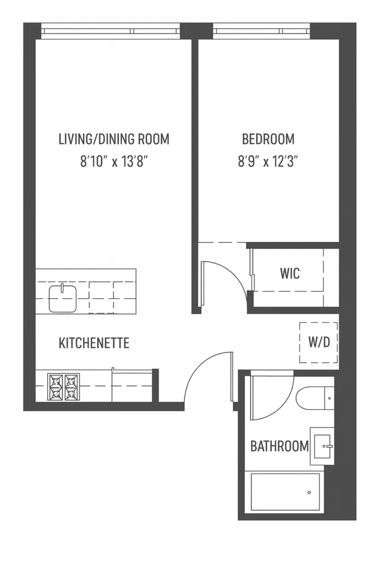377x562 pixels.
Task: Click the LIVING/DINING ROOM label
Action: tap(113, 139)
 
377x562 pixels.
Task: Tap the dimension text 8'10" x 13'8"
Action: tap(113, 163)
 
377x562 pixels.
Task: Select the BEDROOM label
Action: tap(268, 139)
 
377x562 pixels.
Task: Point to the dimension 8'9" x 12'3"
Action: tap(268, 163)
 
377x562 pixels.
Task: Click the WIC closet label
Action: tap(290, 274)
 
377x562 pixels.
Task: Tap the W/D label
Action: tap(319, 343)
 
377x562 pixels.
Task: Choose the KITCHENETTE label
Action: tap(94, 343)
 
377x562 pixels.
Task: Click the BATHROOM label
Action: tap(279, 447)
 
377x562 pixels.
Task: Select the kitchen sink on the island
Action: tap(62, 298)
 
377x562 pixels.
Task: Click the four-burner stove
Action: tap(63, 387)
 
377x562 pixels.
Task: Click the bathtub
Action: tap(286, 492)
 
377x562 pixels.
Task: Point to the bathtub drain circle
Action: tap(309, 493)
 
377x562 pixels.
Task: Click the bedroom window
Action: tap(262, 29)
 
